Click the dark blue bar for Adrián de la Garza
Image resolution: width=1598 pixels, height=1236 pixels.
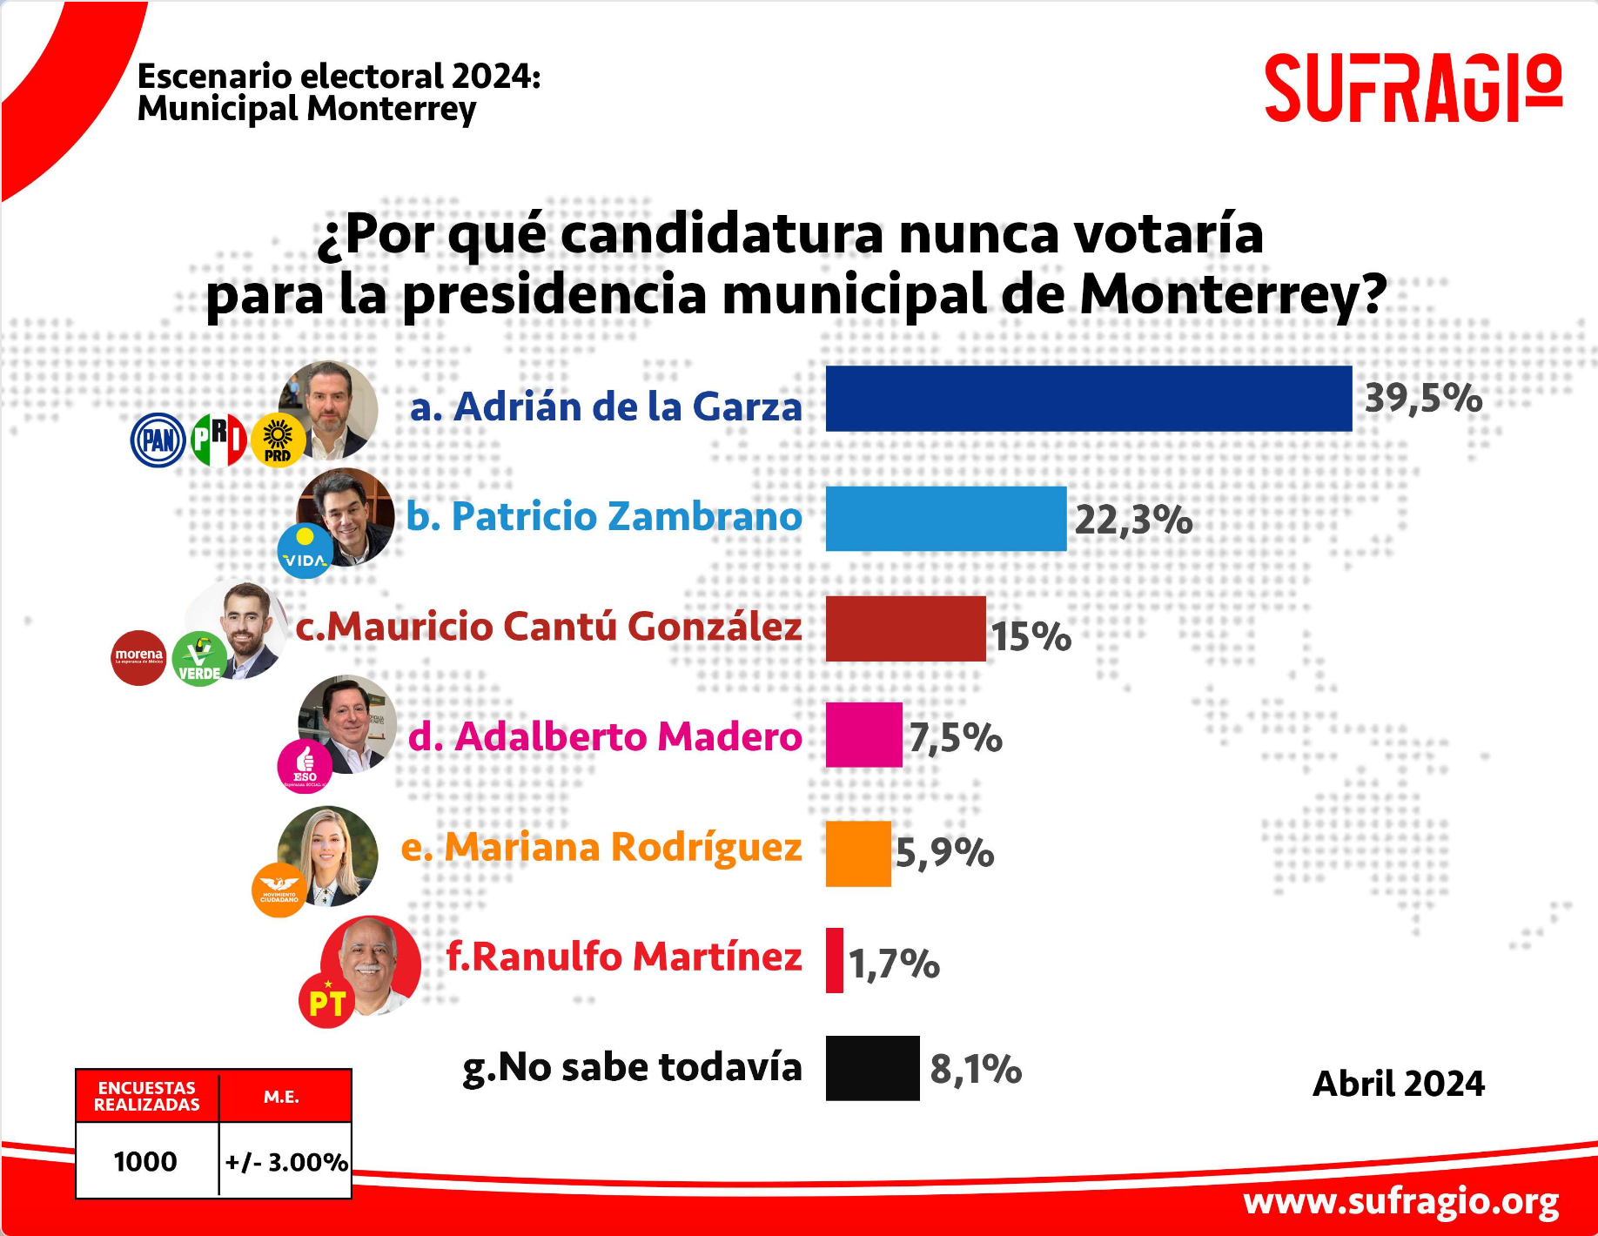(1088, 399)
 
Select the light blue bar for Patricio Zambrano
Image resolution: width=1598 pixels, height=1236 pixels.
(945, 519)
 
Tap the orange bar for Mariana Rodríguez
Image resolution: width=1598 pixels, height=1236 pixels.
(858, 854)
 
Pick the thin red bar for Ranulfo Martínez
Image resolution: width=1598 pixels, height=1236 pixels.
(835, 960)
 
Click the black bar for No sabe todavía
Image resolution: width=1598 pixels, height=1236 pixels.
(872, 1068)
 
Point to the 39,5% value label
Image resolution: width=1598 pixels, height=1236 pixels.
(1423, 399)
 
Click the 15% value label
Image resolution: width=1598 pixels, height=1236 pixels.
(1031, 636)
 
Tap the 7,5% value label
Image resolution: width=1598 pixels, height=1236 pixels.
(956, 738)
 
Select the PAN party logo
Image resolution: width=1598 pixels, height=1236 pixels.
(158, 440)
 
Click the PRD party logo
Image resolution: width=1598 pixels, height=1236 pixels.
(278, 440)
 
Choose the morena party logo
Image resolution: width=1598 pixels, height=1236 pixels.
(138, 657)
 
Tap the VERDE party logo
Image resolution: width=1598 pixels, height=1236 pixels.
(199, 659)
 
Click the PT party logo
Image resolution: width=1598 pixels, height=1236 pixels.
(326, 1001)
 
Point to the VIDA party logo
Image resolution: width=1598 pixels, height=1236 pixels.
(305, 551)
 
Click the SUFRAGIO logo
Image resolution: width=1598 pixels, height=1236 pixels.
(1413, 88)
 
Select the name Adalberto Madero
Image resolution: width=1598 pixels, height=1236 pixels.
(605, 736)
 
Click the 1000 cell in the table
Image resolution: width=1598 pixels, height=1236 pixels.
(145, 1161)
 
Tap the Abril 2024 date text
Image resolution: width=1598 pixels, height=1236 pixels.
(1398, 1084)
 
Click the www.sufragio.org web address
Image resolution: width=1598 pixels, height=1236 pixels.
(1400, 1201)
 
